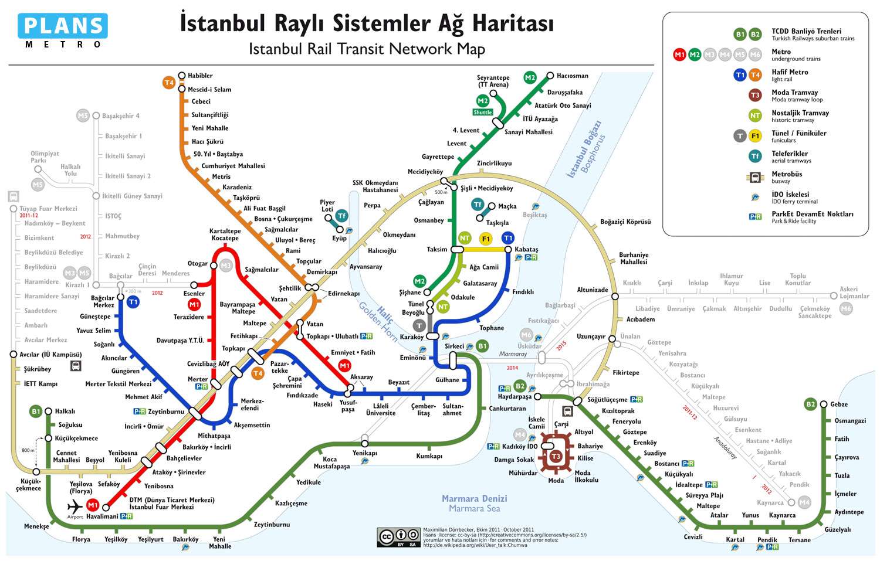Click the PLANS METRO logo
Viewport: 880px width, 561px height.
[x=63, y=31]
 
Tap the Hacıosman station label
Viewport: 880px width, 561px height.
[x=572, y=76]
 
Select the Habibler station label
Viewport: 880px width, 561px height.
[x=200, y=76]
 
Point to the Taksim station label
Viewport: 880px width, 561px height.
[x=436, y=250]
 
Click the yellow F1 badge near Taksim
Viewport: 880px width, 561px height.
[x=485, y=239]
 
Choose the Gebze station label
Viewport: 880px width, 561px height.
[x=838, y=404]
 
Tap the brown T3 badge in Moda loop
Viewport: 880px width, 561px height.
[x=556, y=456]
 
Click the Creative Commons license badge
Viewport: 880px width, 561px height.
[x=399, y=537]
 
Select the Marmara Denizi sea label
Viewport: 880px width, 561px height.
[x=474, y=499]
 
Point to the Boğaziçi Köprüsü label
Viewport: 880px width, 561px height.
[x=625, y=222]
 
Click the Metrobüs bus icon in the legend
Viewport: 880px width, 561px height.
[x=755, y=177]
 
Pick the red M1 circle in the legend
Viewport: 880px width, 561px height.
[x=679, y=55]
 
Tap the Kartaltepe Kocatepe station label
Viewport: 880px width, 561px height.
[x=225, y=234]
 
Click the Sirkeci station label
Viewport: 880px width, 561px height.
[x=454, y=346]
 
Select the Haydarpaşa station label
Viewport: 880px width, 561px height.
[x=515, y=397]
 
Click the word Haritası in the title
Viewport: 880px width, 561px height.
[x=513, y=24]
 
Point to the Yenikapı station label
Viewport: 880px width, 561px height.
[x=364, y=453]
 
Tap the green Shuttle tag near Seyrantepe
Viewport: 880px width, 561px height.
[x=483, y=113]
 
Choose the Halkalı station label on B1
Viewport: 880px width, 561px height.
[x=65, y=412]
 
